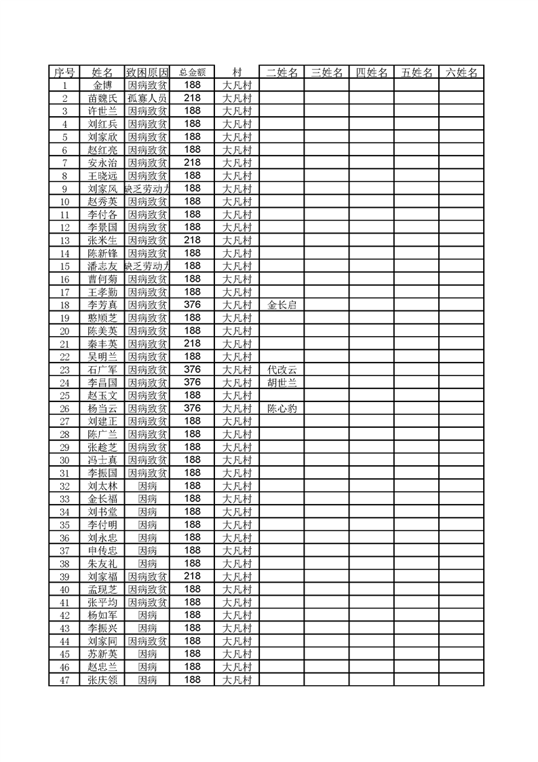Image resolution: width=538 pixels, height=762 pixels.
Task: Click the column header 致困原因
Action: (x=147, y=73)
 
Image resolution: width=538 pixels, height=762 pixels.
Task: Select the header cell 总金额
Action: (x=192, y=73)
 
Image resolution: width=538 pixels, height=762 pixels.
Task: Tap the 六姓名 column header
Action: (x=461, y=73)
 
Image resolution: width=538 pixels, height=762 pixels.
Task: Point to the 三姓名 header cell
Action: (x=326, y=73)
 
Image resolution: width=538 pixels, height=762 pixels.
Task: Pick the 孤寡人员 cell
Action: (x=147, y=98)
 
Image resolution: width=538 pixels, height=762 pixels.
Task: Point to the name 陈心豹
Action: (x=282, y=409)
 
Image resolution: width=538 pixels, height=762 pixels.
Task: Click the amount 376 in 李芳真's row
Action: (x=192, y=305)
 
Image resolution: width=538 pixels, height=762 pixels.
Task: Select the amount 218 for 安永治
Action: (x=192, y=163)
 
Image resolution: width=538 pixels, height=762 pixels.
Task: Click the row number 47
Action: (x=64, y=680)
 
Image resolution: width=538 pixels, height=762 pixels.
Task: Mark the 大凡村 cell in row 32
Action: (x=237, y=486)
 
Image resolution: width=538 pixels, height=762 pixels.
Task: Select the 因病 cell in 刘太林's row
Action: (x=147, y=486)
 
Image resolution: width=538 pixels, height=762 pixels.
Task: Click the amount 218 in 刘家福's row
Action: (x=192, y=576)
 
